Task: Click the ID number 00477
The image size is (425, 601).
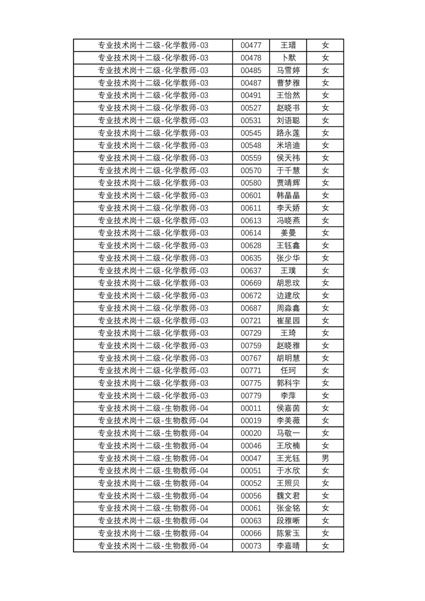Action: (251, 46)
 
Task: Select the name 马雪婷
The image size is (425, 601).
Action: (288, 71)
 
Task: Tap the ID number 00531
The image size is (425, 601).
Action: (251, 121)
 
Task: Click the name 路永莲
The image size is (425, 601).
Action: (288, 133)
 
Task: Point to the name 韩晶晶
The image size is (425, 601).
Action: (288, 196)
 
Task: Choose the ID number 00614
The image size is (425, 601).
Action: (251, 233)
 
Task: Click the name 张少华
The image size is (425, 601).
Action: (288, 258)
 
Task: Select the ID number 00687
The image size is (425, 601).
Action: (251, 308)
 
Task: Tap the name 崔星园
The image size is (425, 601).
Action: (288, 320)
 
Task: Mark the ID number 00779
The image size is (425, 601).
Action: (251, 396)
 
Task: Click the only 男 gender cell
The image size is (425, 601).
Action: (325, 458)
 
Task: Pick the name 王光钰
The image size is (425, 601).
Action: (288, 458)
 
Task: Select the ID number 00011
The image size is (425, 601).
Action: (251, 408)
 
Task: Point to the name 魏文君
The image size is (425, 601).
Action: (288, 495)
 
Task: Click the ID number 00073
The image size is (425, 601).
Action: (251, 546)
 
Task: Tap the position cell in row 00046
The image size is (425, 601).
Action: (153, 446)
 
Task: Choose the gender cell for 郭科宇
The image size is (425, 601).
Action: (325, 383)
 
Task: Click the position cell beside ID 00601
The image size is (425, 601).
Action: (153, 196)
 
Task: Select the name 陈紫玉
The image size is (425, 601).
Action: (288, 533)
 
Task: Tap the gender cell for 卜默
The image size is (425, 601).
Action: (325, 58)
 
